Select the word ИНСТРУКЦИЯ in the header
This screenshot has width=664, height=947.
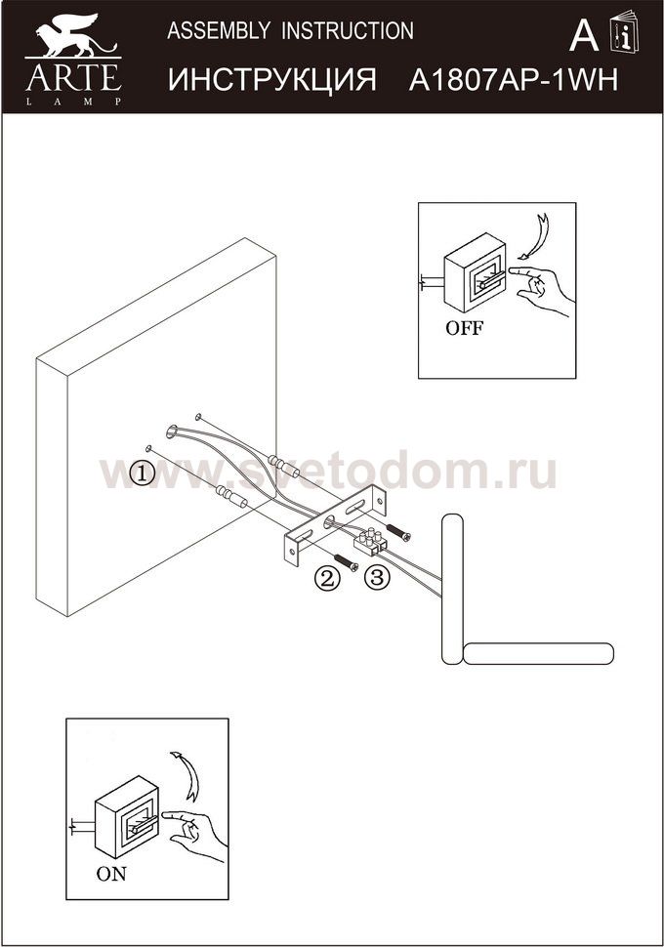click(271, 80)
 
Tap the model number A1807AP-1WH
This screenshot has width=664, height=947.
click(513, 80)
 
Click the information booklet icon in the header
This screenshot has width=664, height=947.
click(624, 31)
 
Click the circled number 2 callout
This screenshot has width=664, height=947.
click(326, 579)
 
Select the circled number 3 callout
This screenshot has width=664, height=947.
click(376, 578)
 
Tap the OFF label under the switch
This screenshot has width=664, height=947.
click(464, 328)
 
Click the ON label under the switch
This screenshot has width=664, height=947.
click(111, 874)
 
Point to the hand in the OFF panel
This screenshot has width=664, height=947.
click(541, 289)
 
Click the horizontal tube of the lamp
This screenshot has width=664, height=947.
click(538, 653)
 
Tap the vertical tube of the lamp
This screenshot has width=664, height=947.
click(452, 589)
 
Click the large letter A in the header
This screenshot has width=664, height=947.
click(584, 35)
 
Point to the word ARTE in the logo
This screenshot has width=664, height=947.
click(73, 77)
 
